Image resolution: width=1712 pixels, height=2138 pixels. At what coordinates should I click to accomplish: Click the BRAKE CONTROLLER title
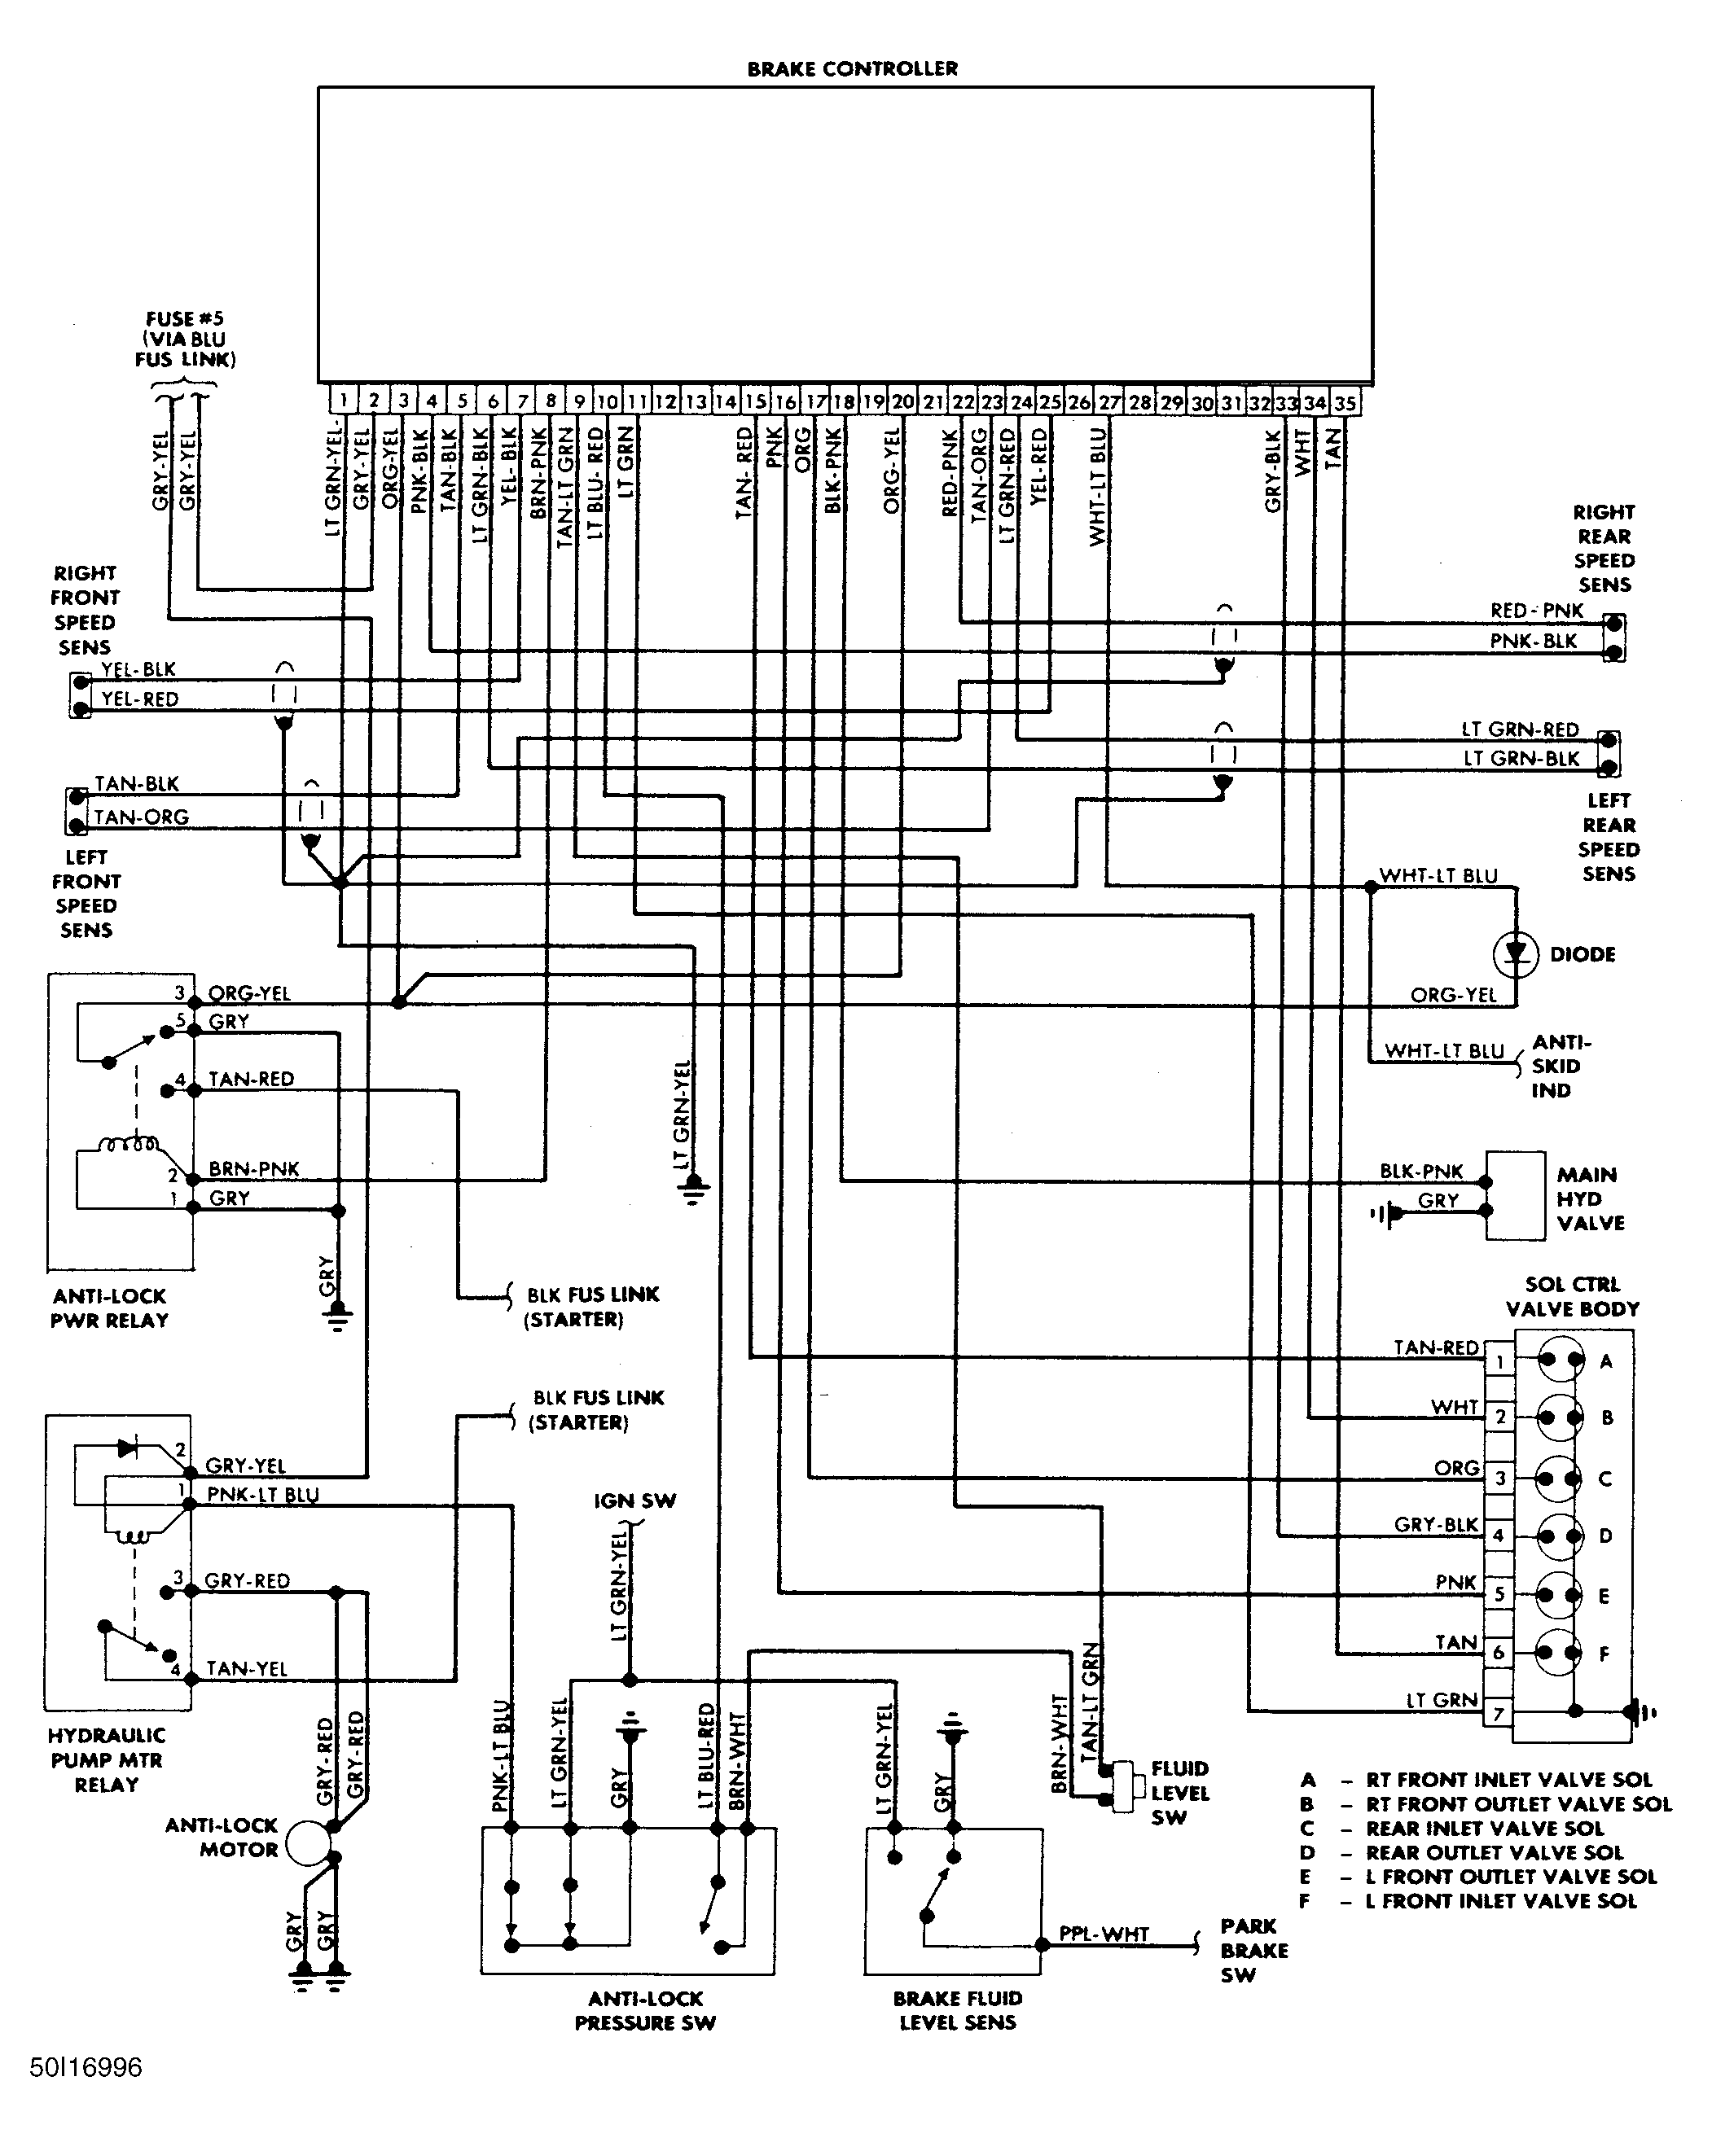852,68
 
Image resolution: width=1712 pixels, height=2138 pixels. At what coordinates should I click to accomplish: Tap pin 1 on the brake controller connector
343,401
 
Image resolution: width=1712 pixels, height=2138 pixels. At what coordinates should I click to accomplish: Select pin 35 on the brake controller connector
1345,403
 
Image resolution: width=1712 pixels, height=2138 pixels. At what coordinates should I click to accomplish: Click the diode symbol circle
1515,953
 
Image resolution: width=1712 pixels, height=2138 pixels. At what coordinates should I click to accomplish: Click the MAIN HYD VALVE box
1515,1195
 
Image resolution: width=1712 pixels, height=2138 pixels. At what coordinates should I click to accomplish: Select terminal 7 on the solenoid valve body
1499,1712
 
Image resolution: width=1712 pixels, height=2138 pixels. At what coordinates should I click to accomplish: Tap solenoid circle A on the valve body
1561,1361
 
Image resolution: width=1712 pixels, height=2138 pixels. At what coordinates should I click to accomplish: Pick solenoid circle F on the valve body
1559,1652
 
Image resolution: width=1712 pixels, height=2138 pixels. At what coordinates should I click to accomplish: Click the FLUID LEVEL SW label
1179,1793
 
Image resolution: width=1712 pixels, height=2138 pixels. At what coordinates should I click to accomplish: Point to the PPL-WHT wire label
1104,1934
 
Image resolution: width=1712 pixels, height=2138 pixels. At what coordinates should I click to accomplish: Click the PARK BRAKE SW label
1253,1951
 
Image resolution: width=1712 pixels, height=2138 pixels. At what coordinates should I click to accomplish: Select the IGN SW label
634,1501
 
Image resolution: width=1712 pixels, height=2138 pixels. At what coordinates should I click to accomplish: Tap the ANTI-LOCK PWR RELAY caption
109,1308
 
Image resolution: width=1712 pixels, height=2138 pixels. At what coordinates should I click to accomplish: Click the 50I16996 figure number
86,2068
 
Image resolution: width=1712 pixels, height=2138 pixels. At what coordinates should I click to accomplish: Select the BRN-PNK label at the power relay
254,1169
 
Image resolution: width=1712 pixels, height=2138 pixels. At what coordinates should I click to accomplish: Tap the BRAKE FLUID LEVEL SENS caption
957,2010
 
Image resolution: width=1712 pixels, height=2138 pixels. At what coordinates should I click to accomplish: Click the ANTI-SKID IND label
1561,1066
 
